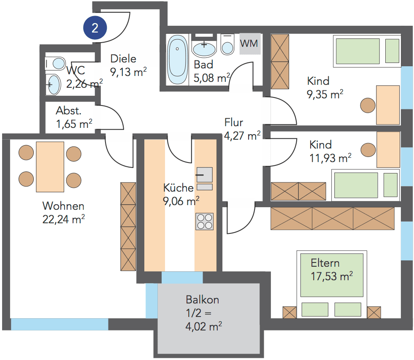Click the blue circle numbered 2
coord(95,28)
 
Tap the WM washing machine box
coord(249,43)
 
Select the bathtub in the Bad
coord(178,60)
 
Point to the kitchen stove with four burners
coord(205,221)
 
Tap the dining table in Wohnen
coord(50,167)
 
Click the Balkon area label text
coord(202,300)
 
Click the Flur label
coord(233,123)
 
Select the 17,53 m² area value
coord(331,276)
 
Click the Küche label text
coord(179,188)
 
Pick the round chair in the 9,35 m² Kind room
coord(368,104)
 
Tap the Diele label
coord(123,59)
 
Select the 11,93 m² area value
coord(330,158)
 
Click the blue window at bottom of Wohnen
coord(60,324)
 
